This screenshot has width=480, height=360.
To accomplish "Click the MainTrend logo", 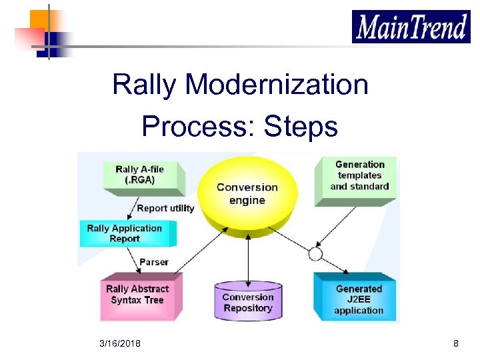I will (x=411, y=27).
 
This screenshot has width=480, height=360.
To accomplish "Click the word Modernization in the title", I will (x=277, y=85).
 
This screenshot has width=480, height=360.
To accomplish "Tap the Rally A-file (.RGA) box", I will (x=139, y=175).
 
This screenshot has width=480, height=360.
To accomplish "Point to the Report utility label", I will (x=165, y=208).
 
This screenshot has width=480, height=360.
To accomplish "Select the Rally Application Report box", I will (x=125, y=233).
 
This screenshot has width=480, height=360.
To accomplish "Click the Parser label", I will (x=154, y=262).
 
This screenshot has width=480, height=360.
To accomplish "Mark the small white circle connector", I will (x=315, y=254).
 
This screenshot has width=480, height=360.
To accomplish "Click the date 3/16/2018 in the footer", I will (x=120, y=343).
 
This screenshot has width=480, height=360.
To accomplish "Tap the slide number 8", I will (x=455, y=343).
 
